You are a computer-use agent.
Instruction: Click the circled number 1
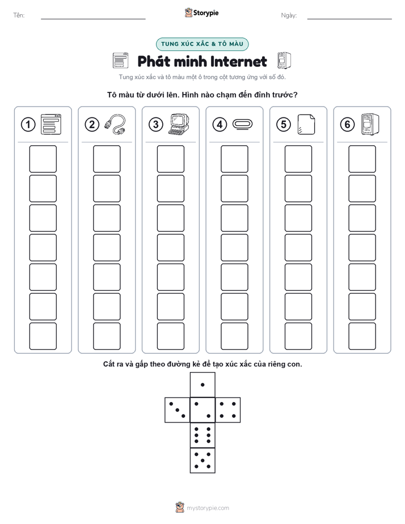coord(28,125)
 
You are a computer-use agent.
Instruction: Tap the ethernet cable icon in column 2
coord(115,124)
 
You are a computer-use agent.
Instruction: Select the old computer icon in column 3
coord(179,125)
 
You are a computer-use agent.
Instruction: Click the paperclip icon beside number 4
coord(242,124)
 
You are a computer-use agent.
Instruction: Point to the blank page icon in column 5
coord(306,125)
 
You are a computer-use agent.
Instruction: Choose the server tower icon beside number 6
coord(370,125)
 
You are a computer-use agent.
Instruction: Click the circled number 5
coord(284,125)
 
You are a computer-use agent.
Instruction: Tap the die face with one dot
coord(202,384)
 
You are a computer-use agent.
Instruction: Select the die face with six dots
coord(202,435)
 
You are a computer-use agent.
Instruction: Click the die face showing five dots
coord(202,460)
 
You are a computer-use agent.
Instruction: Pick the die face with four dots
coord(227,409)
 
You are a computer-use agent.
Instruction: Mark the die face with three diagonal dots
coord(178,409)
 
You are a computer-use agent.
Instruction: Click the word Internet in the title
coord(239,61)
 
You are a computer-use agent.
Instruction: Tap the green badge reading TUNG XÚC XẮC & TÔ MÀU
coord(202,44)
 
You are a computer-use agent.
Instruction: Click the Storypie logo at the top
coord(201,12)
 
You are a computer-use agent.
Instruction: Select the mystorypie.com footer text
coord(208,508)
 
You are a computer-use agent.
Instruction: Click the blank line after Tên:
coord(93,19)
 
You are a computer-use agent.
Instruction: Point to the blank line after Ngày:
coord(349,19)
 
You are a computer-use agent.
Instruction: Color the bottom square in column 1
coord(43,336)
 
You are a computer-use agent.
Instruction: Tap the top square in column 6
coord(362,159)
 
